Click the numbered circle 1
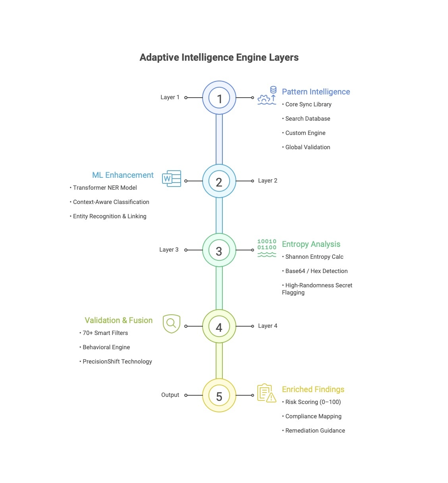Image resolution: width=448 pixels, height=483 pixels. point(219,98)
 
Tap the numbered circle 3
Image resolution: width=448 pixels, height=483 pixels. point(219,250)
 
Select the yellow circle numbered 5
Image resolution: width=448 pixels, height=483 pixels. point(219,396)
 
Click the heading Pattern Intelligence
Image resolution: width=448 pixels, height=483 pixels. point(316,92)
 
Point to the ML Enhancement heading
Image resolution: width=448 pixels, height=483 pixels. point(123,175)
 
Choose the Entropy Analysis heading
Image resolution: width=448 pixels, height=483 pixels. point(311,244)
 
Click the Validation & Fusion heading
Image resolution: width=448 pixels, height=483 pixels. point(118,320)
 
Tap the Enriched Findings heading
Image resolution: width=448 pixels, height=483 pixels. point(313,389)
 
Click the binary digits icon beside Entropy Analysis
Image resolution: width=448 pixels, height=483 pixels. point(266,248)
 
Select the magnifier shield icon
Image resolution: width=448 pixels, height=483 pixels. point(172,324)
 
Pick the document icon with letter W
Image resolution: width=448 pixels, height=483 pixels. point(172,179)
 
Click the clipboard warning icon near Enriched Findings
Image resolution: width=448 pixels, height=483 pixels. point(266,393)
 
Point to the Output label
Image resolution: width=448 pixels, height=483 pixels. point(170,395)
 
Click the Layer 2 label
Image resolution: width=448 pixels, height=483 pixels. point(268,181)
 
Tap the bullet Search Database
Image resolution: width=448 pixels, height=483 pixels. point(307,119)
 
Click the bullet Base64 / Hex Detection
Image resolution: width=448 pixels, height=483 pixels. point(316,271)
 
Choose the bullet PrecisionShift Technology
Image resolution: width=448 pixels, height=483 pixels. point(117,362)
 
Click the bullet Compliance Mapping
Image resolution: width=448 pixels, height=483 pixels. point(313,416)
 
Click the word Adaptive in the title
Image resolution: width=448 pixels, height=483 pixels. point(159,58)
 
